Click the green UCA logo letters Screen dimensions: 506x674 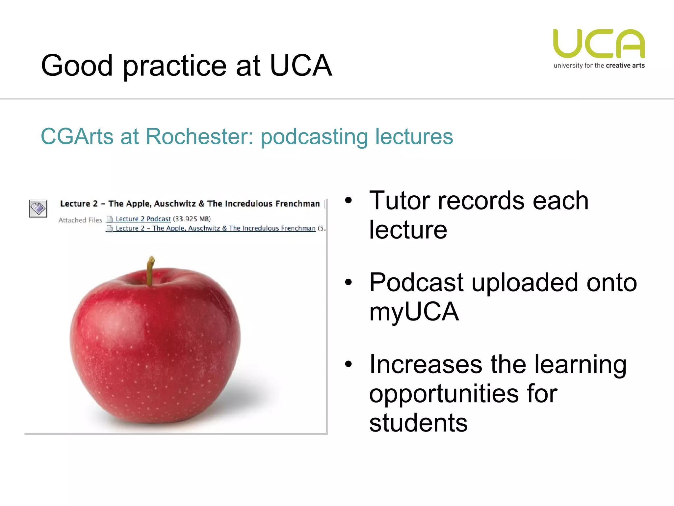[x=599, y=43]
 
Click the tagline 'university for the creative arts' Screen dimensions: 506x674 [x=599, y=66]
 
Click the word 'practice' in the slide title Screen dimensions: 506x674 [x=175, y=66]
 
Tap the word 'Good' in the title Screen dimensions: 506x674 [x=77, y=66]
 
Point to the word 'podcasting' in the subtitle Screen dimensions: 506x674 [x=314, y=137]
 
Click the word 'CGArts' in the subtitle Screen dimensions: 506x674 [x=77, y=136]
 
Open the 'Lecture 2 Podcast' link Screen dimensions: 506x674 [x=143, y=219]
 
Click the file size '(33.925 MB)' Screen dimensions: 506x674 [x=192, y=219]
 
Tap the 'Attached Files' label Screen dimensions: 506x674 [x=80, y=220]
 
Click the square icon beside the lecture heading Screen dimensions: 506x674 [x=38, y=209]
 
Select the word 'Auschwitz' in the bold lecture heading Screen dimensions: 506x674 [x=175, y=204]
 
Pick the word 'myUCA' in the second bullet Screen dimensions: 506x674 [x=414, y=312]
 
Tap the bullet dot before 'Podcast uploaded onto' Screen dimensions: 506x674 [x=349, y=282]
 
